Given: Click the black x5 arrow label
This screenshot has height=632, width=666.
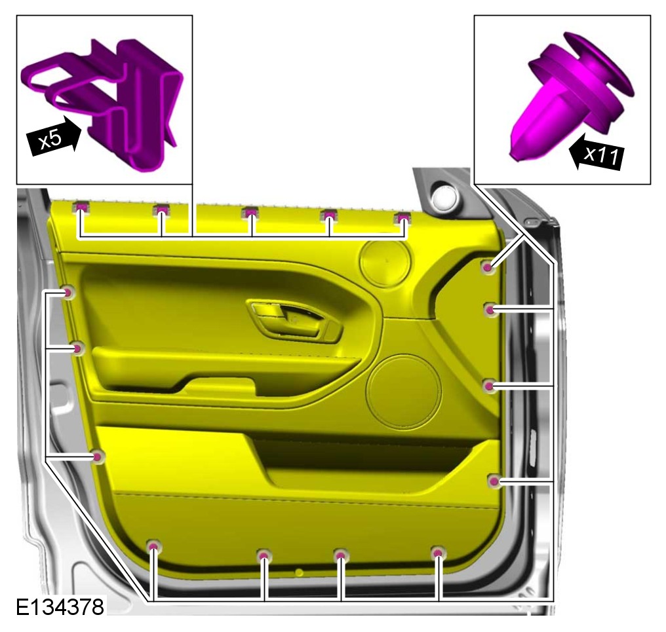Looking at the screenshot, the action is coord(53,137).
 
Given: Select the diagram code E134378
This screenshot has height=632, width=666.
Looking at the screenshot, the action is coord(60,606).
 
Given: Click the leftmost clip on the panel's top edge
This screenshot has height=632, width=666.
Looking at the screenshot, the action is coord(81,208).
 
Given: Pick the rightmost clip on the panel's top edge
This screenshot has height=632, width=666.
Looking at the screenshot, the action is coord(402,219).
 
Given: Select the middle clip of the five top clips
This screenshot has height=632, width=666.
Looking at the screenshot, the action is coord(250,212).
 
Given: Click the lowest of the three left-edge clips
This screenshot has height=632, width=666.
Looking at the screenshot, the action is coord(98,456).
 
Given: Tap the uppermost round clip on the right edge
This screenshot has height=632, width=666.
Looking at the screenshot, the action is coord(488,267).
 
